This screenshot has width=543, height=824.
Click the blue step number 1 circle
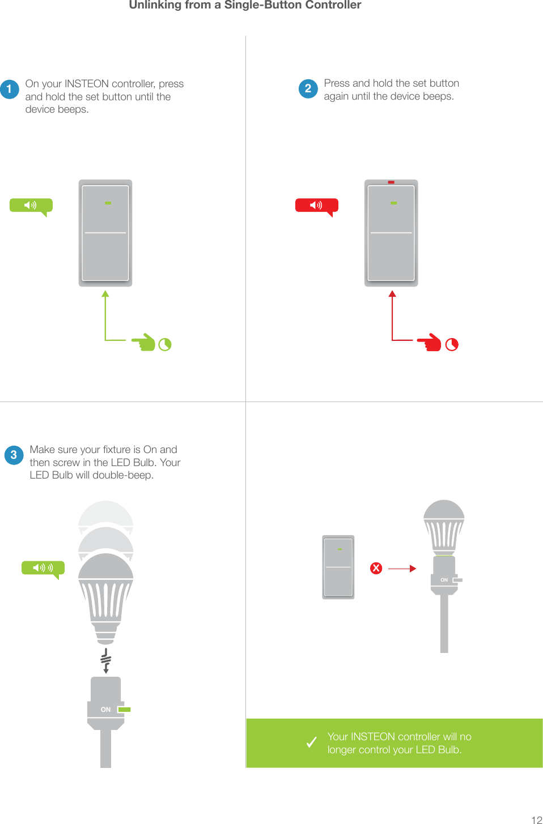point(10,89)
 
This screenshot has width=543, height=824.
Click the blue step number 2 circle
point(308,88)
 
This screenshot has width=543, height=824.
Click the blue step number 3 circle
point(14,455)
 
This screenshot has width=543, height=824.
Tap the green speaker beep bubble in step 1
point(31,206)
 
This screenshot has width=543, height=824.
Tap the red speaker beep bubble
point(316,206)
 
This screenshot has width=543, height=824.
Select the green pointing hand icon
point(144,342)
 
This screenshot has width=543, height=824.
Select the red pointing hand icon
point(430,342)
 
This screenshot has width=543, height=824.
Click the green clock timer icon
point(165,344)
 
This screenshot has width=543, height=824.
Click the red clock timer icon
point(452,344)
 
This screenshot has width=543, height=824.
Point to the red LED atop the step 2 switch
point(391,182)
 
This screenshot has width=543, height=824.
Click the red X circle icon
point(376,568)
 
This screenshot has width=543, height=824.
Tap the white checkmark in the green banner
point(311,742)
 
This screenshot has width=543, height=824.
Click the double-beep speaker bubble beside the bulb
point(43,568)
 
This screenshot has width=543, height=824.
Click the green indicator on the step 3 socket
point(124,710)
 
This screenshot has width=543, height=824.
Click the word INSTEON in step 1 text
point(86,84)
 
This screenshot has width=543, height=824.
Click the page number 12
point(536,819)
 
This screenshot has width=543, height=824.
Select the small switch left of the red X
point(338,567)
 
